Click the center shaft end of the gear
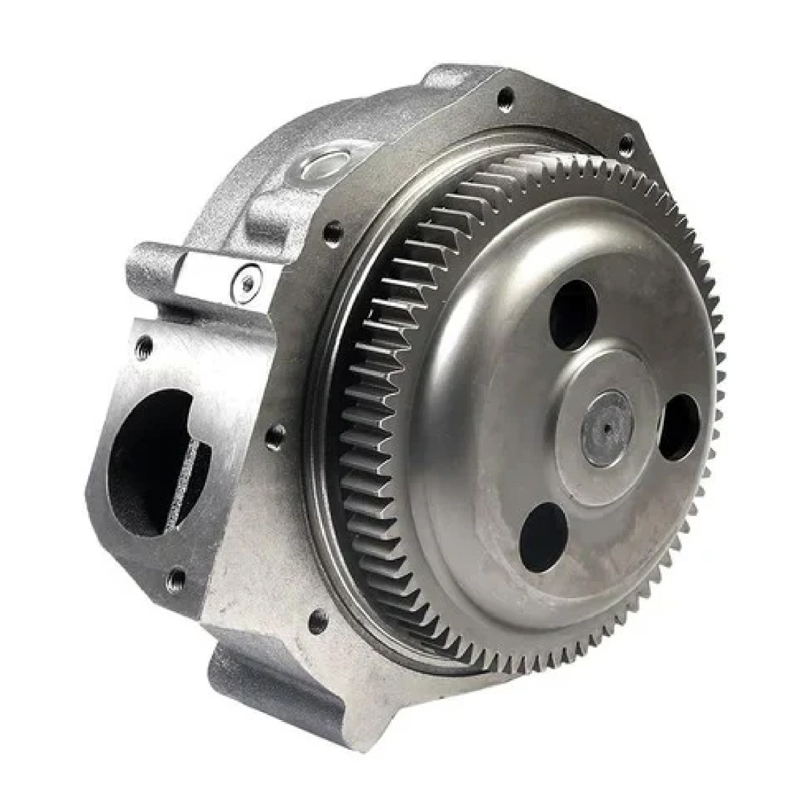(607, 426)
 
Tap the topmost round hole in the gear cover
(572, 315)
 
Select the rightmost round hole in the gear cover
(679, 428)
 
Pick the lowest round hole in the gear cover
(543, 539)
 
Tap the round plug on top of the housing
(323, 164)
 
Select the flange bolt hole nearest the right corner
(626, 143)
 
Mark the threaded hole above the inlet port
(143, 347)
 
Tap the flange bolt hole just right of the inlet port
(274, 436)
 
